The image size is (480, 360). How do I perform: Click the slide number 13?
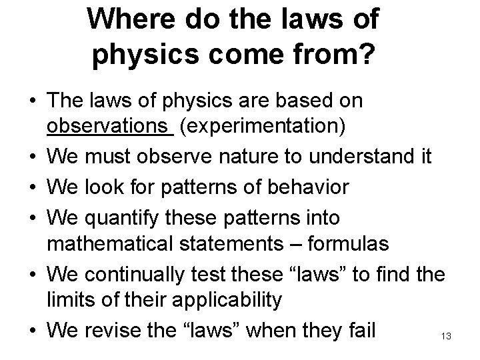[446, 337]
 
